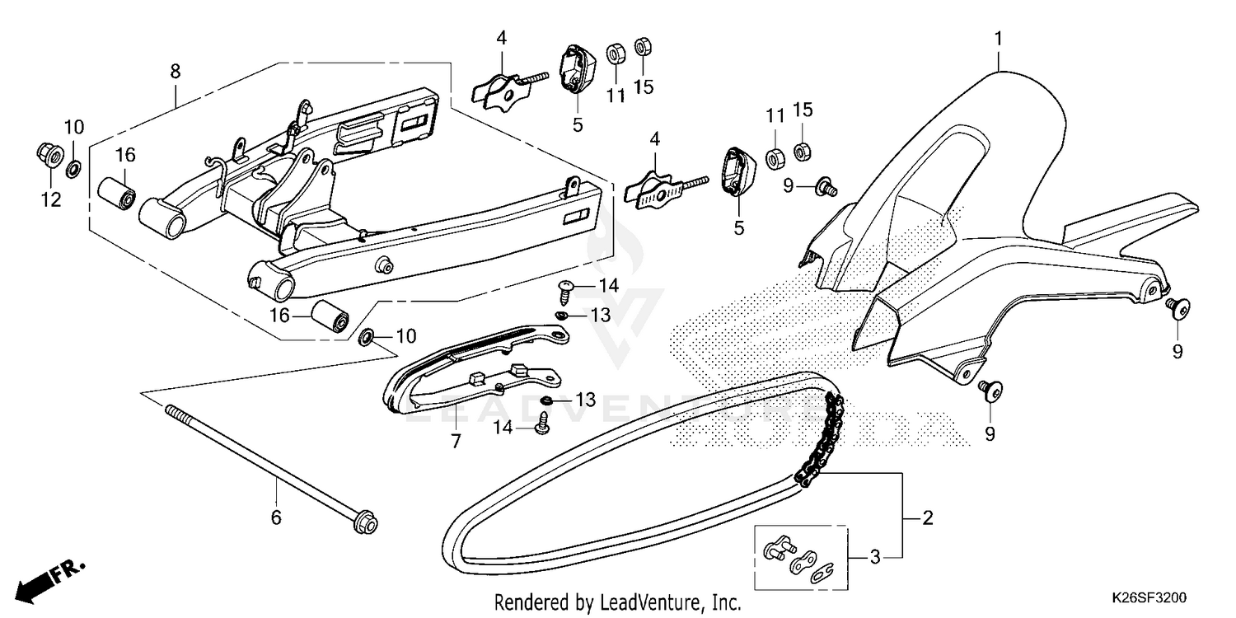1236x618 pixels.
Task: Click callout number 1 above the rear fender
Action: [998, 38]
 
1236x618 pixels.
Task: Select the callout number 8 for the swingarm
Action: [175, 72]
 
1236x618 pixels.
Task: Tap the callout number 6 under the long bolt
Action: [276, 517]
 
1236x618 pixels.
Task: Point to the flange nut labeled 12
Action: [49, 154]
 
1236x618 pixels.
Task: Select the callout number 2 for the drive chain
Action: [927, 518]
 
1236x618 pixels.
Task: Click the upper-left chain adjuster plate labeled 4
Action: [503, 91]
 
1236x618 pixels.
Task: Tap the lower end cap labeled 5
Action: [735, 172]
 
